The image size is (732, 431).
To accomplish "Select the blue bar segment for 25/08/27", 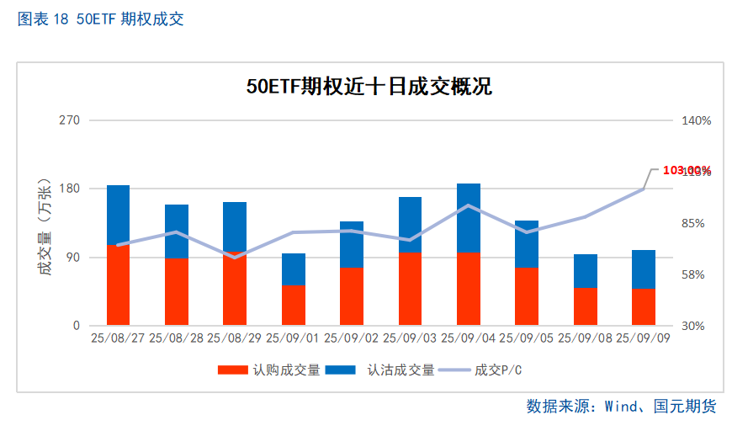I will [118, 215].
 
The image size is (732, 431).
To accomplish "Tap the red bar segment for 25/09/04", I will [468, 288].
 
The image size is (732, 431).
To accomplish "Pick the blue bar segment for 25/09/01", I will [294, 269].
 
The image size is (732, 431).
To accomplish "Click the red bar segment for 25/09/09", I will [644, 306].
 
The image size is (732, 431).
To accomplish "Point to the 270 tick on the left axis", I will [69, 120].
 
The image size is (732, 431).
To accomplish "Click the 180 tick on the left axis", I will [69, 189].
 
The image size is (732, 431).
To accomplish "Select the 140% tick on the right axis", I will [696, 120].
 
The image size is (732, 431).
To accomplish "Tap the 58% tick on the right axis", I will [696, 274].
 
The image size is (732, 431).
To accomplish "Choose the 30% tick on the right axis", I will [696, 326].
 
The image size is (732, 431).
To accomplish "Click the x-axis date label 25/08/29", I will [235, 338].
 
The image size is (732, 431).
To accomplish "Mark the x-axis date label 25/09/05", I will [527, 338].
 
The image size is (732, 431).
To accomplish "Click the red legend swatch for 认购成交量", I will [232, 370].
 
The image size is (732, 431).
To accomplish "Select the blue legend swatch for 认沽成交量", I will [339, 370].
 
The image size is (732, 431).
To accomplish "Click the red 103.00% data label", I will [687, 171].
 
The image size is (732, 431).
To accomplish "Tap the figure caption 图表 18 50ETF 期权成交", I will [100, 19].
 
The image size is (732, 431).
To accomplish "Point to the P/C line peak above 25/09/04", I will [469, 205].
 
